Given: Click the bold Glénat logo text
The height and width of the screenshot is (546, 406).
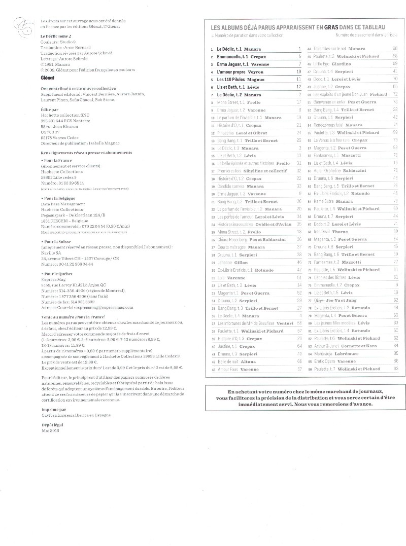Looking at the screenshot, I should coord(47,77).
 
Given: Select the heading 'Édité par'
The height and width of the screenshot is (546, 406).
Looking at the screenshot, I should coord(49,109).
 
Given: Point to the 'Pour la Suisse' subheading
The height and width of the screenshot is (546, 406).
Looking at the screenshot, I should coord(55,242).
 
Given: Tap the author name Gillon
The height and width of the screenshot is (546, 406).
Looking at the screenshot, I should coord(242,262).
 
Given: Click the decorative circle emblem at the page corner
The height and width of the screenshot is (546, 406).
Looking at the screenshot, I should coord(20,23).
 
